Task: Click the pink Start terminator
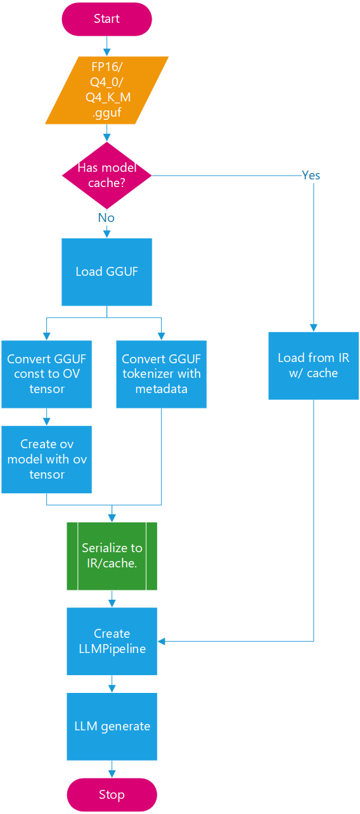pyautogui.click(x=106, y=19)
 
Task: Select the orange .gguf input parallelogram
pyautogui.click(x=106, y=90)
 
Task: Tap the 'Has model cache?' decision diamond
pyautogui.click(x=106, y=176)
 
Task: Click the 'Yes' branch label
pyautogui.click(x=311, y=176)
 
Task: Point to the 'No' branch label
pyautogui.click(x=106, y=217)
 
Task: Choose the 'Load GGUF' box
pyautogui.click(x=106, y=272)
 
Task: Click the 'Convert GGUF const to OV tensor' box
pyautogui.click(x=46, y=374)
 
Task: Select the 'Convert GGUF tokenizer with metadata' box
pyautogui.click(x=161, y=374)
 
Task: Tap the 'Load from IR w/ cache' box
pyautogui.click(x=314, y=366)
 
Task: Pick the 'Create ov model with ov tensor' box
pyautogui.click(x=46, y=460)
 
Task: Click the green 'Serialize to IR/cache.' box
pyautogui.click(x=112, y=556)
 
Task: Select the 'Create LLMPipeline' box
pyautogui.click(x=112, y=641)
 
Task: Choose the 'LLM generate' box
pyautogui.click(x=112, y=727)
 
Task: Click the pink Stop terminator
pyautogui.click(x=112, y=795)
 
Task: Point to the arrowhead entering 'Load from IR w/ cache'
pyautogui.click(x=314, y=328)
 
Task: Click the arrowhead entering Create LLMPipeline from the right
pyautogui.click(x=161, y=642)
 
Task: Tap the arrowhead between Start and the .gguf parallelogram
pyautogui.click(x=106, y=53)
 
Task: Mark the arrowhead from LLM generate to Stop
pyautogui.click(x=112, y=774)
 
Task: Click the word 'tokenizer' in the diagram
pyautogui.click(x=147, y=373)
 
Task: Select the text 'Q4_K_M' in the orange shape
pyautogui.click(x=108, y=98)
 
